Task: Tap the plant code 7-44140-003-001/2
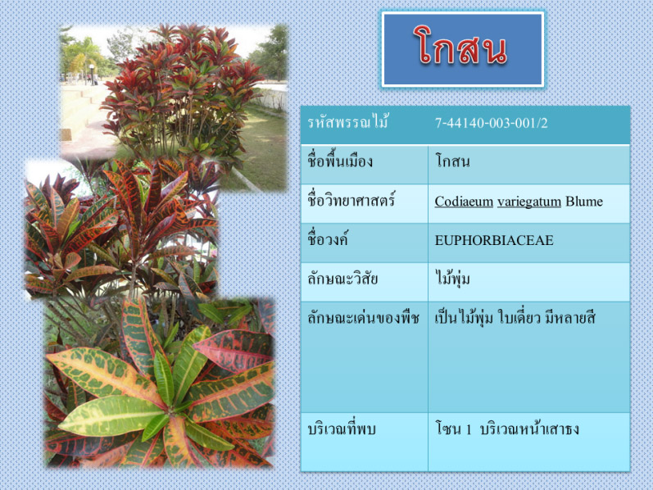[492, 123]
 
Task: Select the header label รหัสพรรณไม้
[348, 123]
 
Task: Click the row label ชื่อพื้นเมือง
[340, 161]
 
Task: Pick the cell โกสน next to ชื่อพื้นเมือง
[452, 161]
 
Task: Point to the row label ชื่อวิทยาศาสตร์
[351, 201]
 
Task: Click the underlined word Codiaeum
[464, 202]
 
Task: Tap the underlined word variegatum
[529, 202]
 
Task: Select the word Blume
[584, 202]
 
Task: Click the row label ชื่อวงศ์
[328, 239]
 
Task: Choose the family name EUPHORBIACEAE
[494, 240]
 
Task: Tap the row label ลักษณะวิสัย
[342, 279]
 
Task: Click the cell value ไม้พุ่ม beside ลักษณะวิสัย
[452, 278]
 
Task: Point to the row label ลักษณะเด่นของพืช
[363, 318]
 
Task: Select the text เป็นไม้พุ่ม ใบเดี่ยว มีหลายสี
[515, 318]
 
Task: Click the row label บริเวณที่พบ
[342, 429]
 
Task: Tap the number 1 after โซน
[469, 429]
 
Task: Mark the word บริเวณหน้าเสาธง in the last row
[529, 429]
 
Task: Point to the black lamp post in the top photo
[92, 75]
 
